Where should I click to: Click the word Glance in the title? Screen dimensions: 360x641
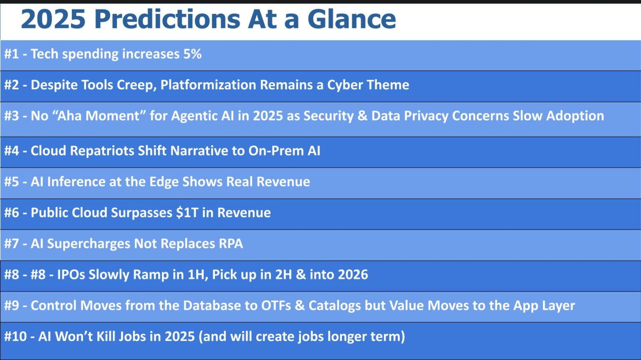(x=351, y=19)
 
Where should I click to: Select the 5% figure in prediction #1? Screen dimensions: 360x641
(x=192, y=54)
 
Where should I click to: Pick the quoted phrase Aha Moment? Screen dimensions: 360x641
(x=98, y=116)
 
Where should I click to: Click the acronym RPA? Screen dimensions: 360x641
(x=231, y=243)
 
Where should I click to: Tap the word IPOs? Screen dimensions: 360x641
(x=71, y=274)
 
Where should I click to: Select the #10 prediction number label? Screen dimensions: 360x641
(x=15, y=336)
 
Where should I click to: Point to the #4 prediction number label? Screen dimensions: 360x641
(x=12, y=151)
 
